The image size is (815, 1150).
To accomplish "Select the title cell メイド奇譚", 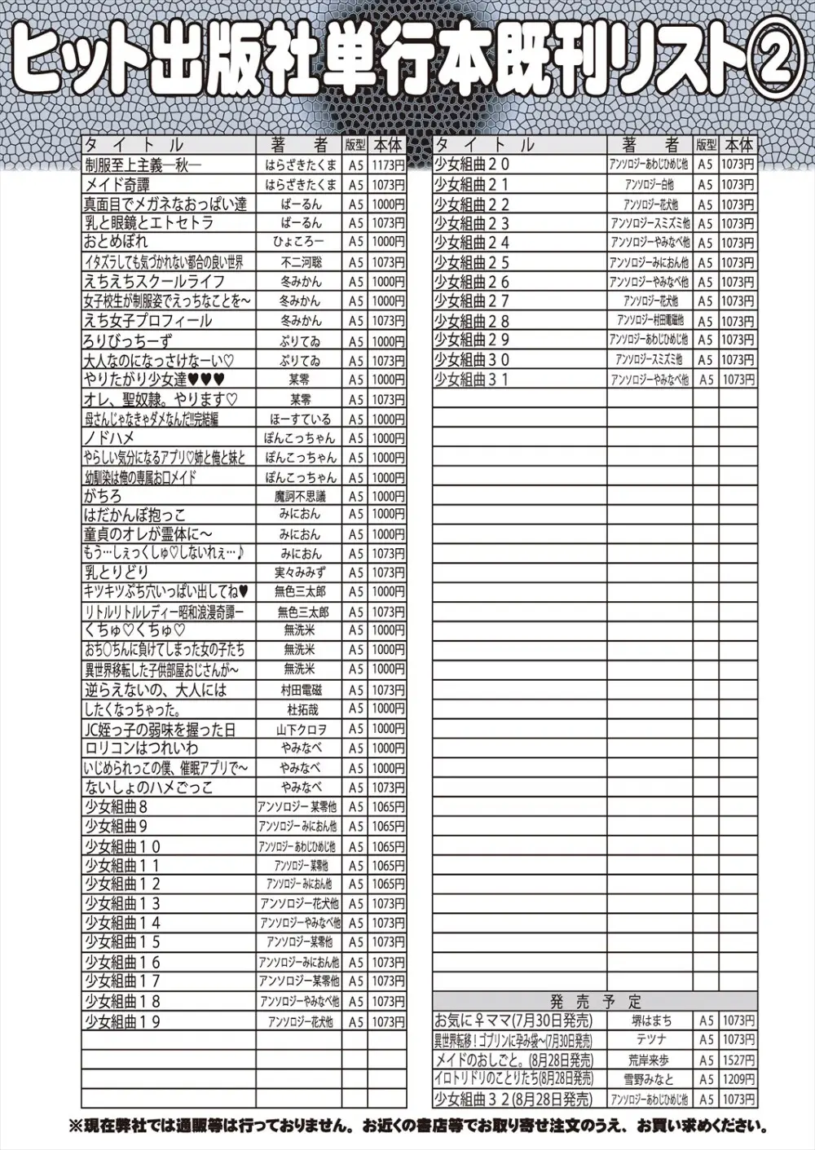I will (x=117, y=184).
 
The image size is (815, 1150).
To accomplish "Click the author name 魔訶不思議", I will (x=299, y=496).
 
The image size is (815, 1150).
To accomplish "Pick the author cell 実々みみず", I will (x=299, y=573).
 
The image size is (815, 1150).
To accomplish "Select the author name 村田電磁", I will (x=299, y=690).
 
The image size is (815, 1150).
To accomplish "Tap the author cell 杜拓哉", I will (x=299, y=709).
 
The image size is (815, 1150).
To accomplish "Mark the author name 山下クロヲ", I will (x=299, y=729).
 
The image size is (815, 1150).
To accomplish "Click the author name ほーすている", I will (x=299, y=419).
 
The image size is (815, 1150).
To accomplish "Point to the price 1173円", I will (x=388, y=165).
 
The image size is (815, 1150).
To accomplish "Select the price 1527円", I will (x=738, y=1060).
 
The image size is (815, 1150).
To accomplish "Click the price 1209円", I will (x=738, y=1080).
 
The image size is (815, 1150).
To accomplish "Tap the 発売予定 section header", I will (x=595, y=1002).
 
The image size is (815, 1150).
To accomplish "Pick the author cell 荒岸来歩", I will (x=650, y=1060).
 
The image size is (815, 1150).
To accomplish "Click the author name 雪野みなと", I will (x=650, y=1080).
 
